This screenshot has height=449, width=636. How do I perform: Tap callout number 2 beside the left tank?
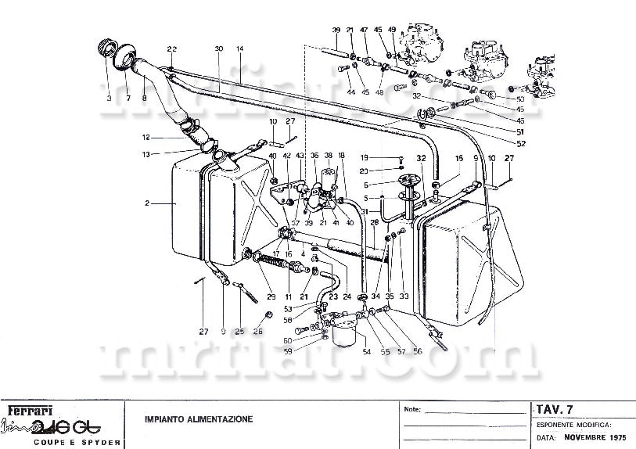(146, 203)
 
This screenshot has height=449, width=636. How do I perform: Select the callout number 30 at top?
(219, 49)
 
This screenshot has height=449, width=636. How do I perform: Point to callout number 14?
(240, 49)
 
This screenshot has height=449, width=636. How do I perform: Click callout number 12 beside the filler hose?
(146, 138)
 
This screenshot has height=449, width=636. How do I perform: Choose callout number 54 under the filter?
(366, 352)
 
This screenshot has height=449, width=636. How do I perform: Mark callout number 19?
(386, 158)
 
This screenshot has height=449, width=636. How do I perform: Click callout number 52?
(520, 142)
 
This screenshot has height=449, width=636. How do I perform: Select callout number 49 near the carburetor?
(391, 31)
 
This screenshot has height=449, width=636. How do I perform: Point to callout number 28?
(375, 223)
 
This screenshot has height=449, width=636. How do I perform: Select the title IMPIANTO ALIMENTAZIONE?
(199, 419)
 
